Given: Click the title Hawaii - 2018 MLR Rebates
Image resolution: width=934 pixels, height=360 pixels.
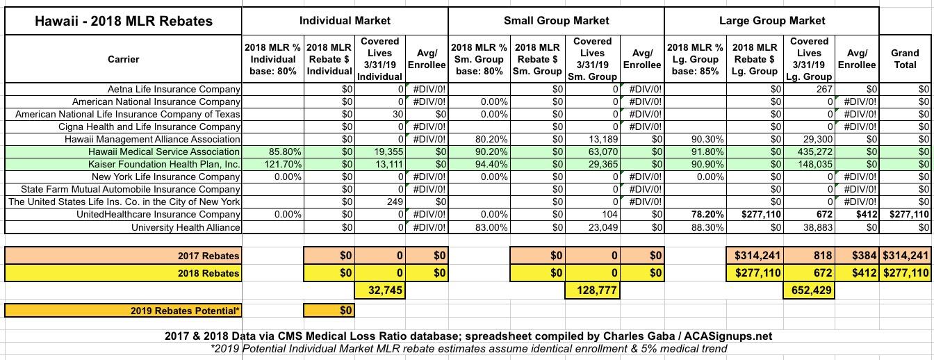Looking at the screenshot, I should click(x=123, y=21).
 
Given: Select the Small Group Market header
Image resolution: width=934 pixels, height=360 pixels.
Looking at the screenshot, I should click(x=556, y=21).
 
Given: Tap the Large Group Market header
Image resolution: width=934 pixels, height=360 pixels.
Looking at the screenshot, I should click(x=772, y=21).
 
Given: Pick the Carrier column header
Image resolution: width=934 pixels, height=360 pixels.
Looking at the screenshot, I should click(x=123, y=59).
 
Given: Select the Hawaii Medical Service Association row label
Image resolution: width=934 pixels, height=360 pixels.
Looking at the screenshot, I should click(x=165, y=152).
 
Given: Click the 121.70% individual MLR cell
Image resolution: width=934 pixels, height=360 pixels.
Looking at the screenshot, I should click(x=281, y=164).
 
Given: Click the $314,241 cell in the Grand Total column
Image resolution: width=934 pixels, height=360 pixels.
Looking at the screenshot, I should click(x=906, y=256).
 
